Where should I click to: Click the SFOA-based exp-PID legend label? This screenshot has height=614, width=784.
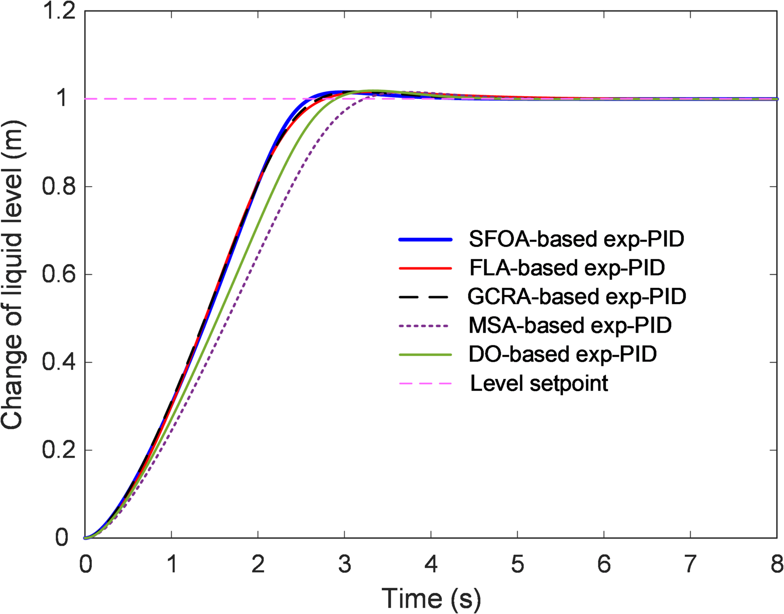pyautogui.click(x=576, y=239)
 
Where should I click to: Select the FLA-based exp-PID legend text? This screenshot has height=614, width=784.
pyautogui.click(x=567, y=268)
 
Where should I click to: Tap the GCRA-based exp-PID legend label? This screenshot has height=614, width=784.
pyautogui.click(x=577, y=296)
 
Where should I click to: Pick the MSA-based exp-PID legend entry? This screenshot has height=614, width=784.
pyautogui.click(x=570, y=325)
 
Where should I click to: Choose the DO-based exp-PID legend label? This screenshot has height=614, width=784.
pyautogui.click(x=562, y=354)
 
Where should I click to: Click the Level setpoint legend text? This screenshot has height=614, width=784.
pyautogui.click(x=539, y=383)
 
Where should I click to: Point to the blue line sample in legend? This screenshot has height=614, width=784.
pyautogui.click(x=425, y=239)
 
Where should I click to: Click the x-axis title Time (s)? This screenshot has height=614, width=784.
pyautogui.click(x=431, y=598)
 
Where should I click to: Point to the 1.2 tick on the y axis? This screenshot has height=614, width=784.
pyautogui.click(x=59, y=11)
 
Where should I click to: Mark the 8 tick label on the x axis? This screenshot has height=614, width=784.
pyautogui.click(x=777, y=564)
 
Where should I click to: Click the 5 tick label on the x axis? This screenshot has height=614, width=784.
pyautogui.click(x=517, y=564)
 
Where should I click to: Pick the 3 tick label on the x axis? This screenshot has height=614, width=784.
pyautogui.click(x=344, y=564)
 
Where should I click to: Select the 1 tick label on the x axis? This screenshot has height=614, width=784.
pyautogui.click(x=171, y=564)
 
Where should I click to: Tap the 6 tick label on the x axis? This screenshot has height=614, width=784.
pyautogui.click(x=604, y=564)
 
